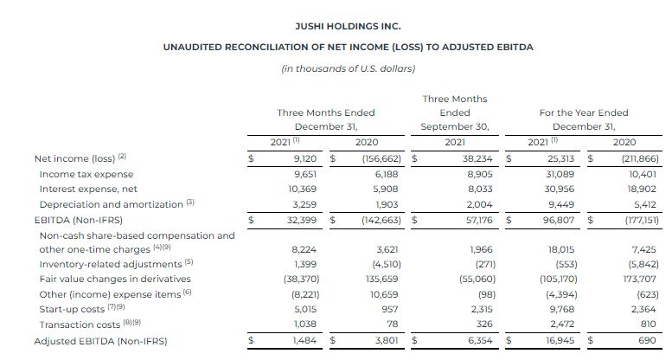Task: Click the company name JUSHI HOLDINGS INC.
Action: [336, 27]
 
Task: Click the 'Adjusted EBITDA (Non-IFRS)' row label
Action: [101, 341]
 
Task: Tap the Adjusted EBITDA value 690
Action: [624, 341]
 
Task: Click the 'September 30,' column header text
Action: [454, 126]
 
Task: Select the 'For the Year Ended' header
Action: [584, 112]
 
